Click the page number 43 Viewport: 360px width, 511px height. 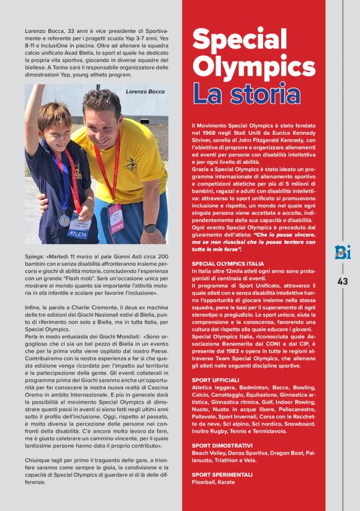pos(343,281)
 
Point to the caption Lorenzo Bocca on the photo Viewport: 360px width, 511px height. pos(145,91)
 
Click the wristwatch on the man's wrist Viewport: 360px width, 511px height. pos(150,228)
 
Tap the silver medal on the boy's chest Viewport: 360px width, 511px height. pos(65,220)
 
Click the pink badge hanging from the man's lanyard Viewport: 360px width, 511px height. pos(116,218)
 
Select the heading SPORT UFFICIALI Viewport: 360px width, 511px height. pos(215,379)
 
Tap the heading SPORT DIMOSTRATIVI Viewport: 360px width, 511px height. pos(222,445)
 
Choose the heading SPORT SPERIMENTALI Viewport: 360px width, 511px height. pos(222,474)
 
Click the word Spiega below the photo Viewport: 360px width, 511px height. pos(34,256)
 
